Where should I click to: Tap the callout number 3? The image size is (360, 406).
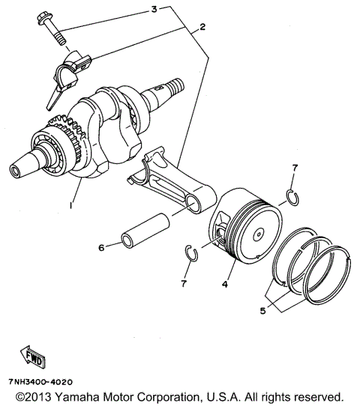[154, 10]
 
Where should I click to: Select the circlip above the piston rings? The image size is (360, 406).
[292, 197]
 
